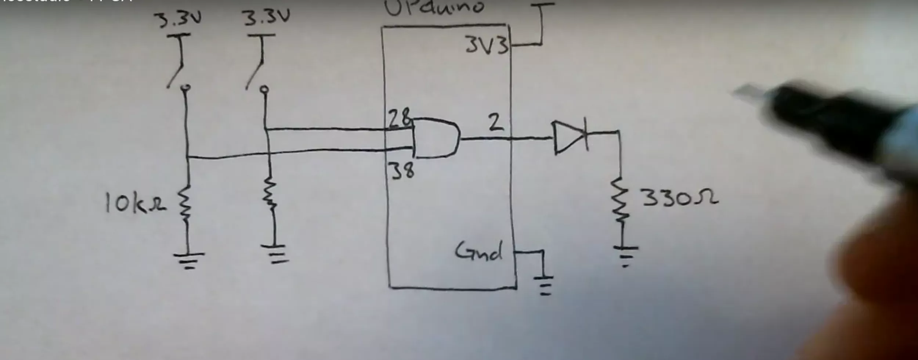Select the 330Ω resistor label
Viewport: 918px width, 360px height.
(679, 198)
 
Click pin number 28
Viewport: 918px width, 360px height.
(400, 118)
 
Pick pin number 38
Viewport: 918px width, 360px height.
(402, 170)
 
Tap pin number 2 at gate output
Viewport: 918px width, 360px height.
(496, 123)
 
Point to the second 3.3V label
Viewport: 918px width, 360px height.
(267, 17)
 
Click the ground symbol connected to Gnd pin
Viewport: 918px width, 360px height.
(545, 285)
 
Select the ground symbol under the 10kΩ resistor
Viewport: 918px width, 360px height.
(189, 260)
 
